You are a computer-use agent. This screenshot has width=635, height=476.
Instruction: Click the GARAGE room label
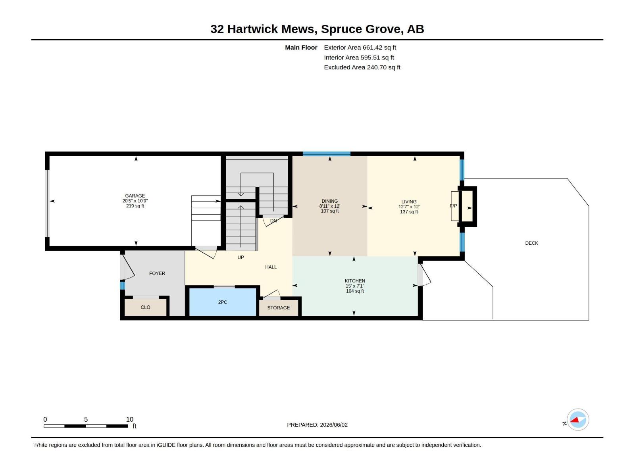click(x=135, y=196)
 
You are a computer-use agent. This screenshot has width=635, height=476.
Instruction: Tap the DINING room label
click(x=329, y=201)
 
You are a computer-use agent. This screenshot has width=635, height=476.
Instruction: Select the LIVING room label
click(x=409, y=202)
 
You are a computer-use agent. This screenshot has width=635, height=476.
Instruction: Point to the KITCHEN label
click(x=355, y=280)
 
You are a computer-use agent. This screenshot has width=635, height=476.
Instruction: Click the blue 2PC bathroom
click(x=223, y=302)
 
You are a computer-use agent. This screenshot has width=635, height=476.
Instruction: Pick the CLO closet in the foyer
click(x=146, y=307)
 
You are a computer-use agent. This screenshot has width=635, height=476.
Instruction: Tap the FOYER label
click(x=157, y=273)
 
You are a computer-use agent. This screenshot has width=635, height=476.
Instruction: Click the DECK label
click(x=531, y=243)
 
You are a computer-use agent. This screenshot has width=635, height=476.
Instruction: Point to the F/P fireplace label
click(x=453, y=206)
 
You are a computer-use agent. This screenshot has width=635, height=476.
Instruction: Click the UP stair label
click(x=241, y=257)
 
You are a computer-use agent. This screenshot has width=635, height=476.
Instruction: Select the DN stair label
click(x=273, y=221)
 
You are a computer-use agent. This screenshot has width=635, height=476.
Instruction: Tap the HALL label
click(x=271, y=267)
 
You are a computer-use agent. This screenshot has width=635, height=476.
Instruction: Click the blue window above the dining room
click(x=327, y=154)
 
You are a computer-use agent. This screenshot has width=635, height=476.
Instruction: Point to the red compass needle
click(x=575, y=420)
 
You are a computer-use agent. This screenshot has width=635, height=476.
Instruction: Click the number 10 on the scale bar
click(x=130, y=419)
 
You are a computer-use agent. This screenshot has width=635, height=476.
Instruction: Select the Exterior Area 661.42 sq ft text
click(x=360, y=47)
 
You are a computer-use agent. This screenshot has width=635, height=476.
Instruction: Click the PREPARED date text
click(x=317, y=424)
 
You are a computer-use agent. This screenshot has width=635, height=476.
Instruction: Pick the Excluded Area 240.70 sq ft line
click(x=362, y=67)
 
